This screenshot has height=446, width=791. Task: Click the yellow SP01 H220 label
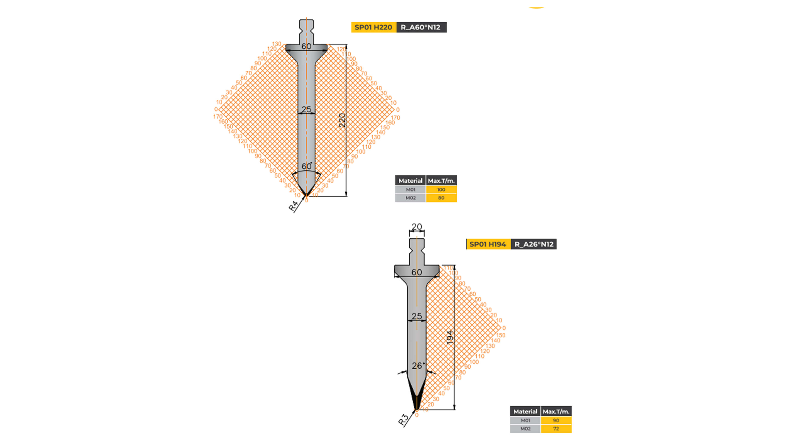coord(373,27)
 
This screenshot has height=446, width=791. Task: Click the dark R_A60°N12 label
coord(421,27)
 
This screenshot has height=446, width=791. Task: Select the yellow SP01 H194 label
coord(488,244)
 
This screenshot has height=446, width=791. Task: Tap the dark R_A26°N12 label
coord(534,244)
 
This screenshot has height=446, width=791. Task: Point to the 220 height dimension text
coord(342,120)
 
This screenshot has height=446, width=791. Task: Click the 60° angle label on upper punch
coord(307,166)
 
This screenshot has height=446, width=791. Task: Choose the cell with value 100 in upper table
coord(441,190)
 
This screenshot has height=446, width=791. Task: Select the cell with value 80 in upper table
coord(441,198)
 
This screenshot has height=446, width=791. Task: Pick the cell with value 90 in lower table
coord(556,420)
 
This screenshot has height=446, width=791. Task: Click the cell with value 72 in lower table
coord(556,429)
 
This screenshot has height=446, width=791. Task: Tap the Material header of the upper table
coord(410,181)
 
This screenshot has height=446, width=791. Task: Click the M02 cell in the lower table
coord(525,429)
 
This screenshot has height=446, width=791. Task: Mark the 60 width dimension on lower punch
coord(417,272)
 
